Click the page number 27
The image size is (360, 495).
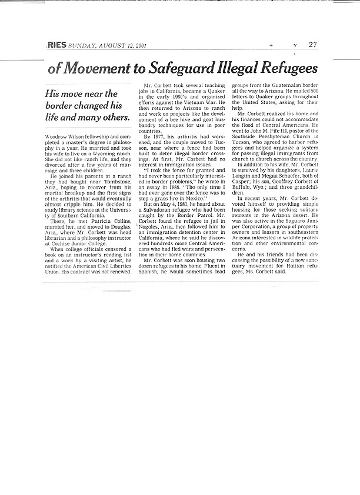tap(312, 45)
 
